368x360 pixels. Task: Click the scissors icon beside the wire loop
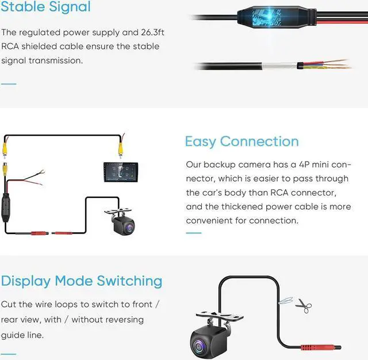(x=303, y=306)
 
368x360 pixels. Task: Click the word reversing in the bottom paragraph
(x=121, y=319)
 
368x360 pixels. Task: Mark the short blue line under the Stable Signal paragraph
(x=9, y=83)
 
